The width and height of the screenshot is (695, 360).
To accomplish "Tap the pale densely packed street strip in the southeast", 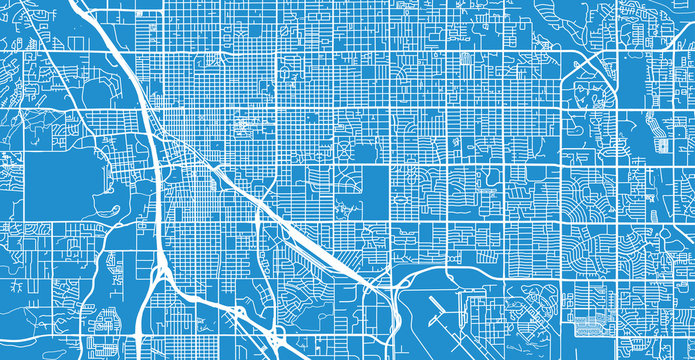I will pyautogui.click(x=600, y=324).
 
